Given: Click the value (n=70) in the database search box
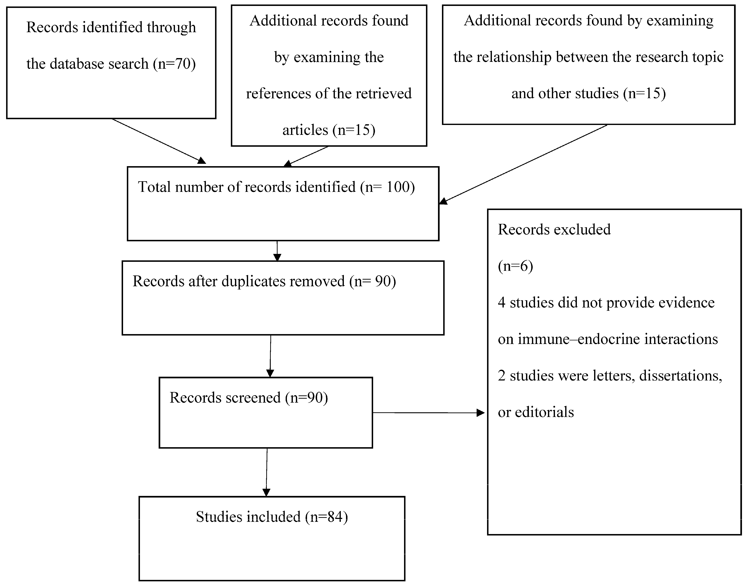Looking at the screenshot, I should click(174, 64).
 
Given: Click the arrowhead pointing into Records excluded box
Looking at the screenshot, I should click(481, 413).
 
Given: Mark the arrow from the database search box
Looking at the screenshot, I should click(158, 141).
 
